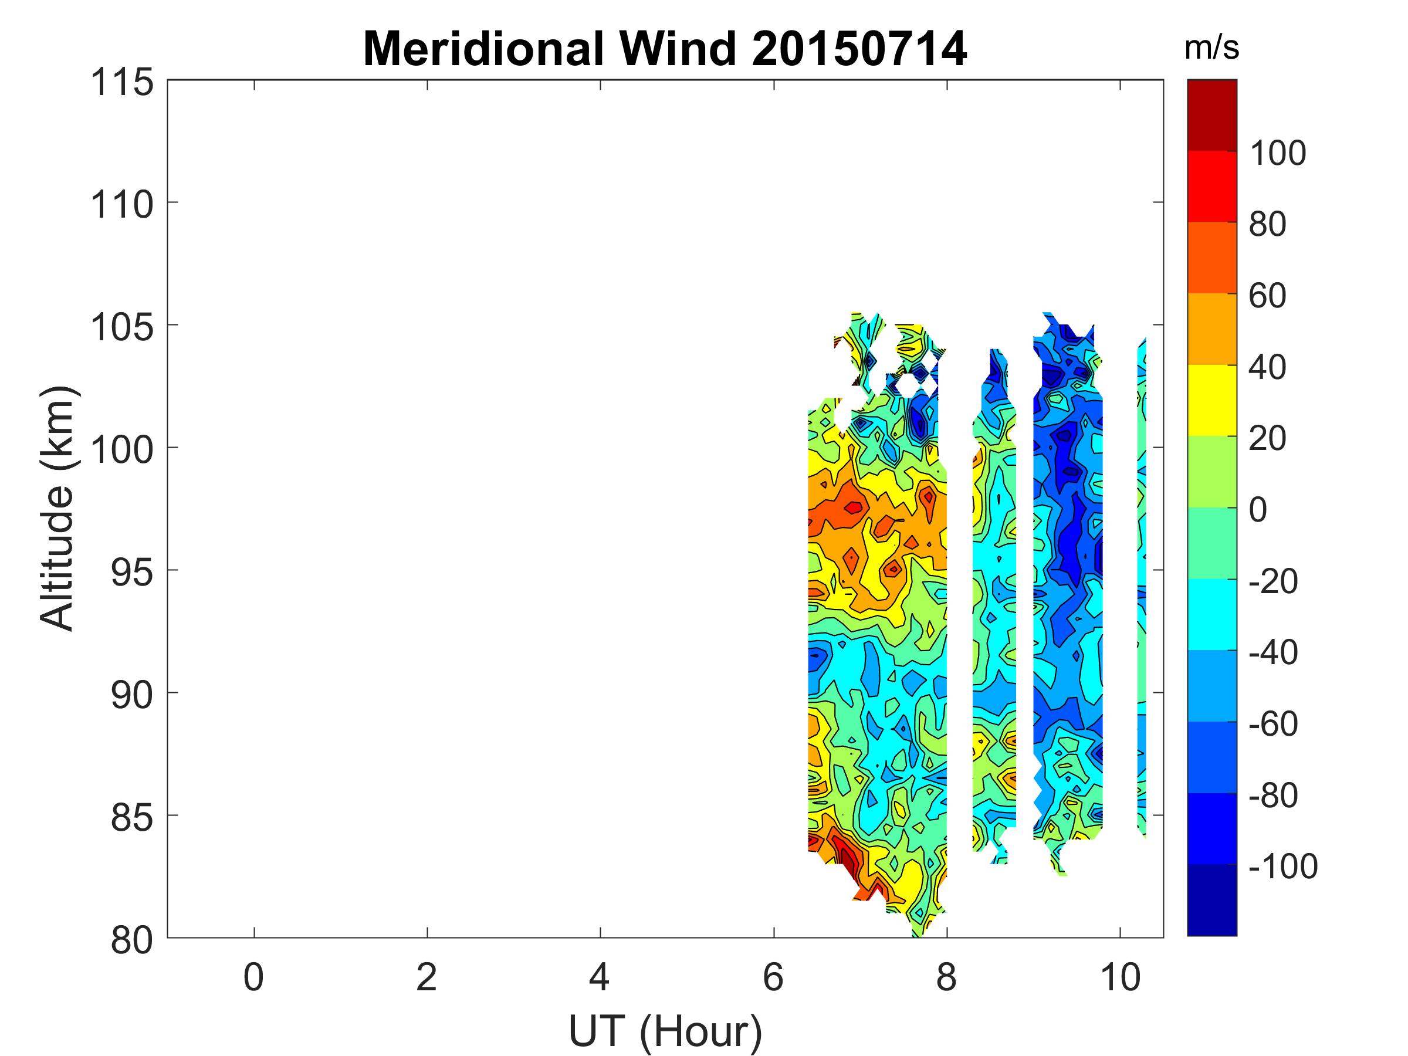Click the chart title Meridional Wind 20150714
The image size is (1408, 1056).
point(665,49)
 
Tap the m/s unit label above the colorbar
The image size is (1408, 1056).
point(1211,48)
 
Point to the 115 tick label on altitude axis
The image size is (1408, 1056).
point(122,83)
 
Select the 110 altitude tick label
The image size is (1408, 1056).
point(122,205)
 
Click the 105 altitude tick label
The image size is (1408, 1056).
point(122,328)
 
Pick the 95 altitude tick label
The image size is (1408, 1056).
point(132,573)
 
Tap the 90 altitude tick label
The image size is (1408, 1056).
point(132,695)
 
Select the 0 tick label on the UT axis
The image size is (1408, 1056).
point(253,978)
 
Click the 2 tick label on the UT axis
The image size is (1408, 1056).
point(427,978)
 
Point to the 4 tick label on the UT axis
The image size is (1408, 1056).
point(600,978)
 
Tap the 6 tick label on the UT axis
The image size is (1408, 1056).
point(773,978)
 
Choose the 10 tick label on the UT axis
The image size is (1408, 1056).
point(1119,978)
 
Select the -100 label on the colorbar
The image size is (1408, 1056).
point(1282,867)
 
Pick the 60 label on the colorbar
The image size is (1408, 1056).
point(1267,296)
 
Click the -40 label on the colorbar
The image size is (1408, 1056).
point(1272,652)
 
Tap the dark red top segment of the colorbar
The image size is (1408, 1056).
point(1211,115)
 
